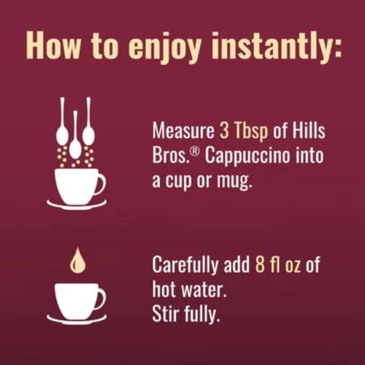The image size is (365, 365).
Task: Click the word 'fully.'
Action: coord(204,314)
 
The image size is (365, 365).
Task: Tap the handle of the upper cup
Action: coord(101,182)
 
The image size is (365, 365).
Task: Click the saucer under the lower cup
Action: coord(77,319)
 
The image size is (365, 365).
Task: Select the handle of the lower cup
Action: coord(101,298)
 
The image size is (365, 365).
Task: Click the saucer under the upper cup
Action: coord(77,204)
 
